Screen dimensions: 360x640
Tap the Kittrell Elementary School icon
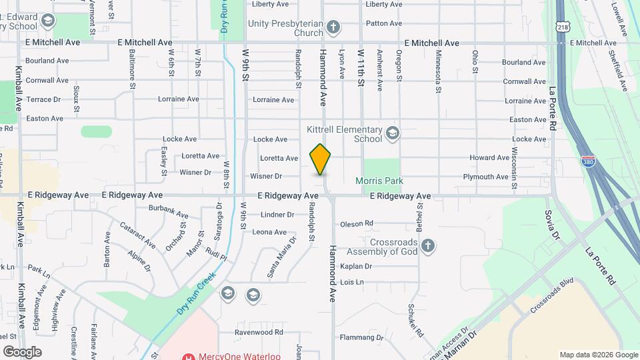pos(393,134)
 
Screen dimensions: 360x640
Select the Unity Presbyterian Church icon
pos(333,28)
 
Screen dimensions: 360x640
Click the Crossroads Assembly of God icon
pos(428,246)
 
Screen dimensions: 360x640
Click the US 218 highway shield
pos(564,27)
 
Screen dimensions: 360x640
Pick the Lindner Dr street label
pos(277,215)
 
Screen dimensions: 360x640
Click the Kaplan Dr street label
pos(355,266)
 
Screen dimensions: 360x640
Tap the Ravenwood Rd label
pos(263,332)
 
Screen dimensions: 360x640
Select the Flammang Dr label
pos(362,337)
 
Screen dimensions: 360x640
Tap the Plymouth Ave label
pos(486,177)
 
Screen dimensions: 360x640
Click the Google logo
pos(22,351)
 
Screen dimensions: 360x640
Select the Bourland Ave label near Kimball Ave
pos(47,61)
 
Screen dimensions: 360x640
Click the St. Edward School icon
pos(47,21)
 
